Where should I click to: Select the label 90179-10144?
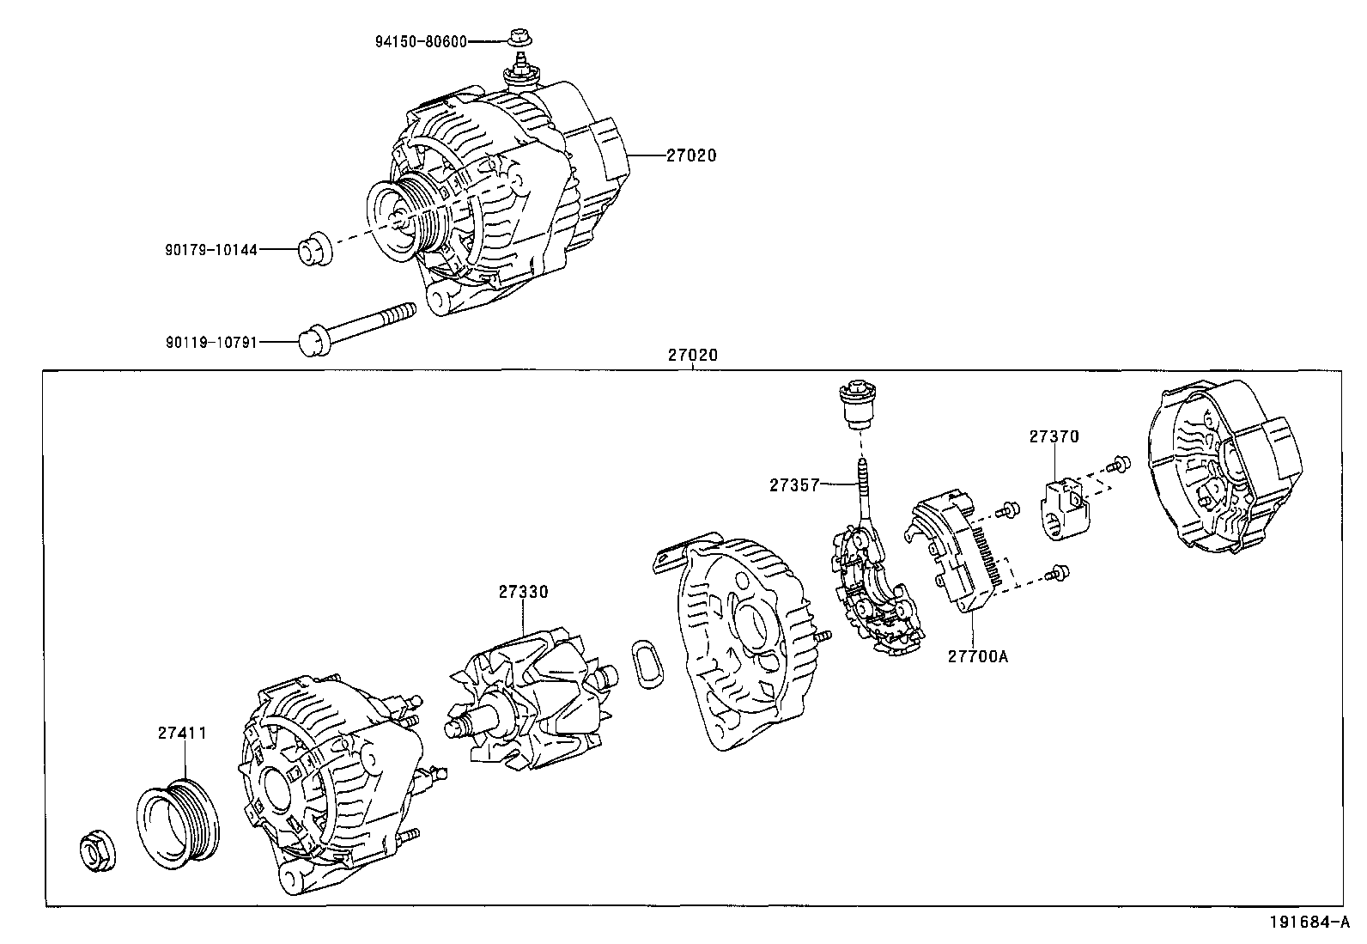[x=211, y=249]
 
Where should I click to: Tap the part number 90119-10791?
[x=211, y=342]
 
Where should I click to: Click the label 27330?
[x=523, y=592]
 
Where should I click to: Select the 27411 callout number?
[x=182, y=733]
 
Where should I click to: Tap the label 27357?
[x=794, y=484]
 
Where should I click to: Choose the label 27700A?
[x=977, y=656]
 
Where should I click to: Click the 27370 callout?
[x=1054, y=436]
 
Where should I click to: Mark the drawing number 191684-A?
[x=1316, y=923]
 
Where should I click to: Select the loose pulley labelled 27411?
[x=179, y=818]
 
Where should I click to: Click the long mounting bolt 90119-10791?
[x=356, y=330]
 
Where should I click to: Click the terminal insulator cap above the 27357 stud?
[x=856, y=406]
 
